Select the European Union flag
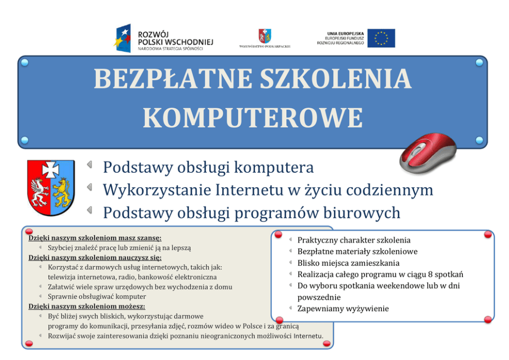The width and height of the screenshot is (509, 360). point(381,38)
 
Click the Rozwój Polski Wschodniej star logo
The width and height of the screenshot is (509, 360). point(125,38)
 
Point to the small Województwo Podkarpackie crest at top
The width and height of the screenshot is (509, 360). point(265,35)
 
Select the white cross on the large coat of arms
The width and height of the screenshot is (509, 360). point(51,169)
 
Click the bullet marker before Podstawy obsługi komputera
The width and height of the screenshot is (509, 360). point(90,165)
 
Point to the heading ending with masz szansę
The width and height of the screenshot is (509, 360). point(95,238)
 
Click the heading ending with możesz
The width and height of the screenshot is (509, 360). point(87,306)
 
